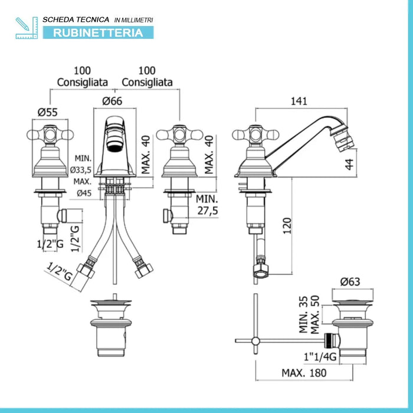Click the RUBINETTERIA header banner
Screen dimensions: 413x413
(x=98, y=32)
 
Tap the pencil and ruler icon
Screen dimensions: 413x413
(x=27, y=28)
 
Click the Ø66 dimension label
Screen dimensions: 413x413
(x=113, y=101)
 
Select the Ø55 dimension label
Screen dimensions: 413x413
(x=47, y=113)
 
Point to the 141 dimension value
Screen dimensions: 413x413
(x=299, y=101)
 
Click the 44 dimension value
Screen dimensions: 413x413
(x=349, y=165)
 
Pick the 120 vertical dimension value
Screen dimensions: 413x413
(x=287, y=226)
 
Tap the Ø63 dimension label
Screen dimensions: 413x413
(x=350, y=282)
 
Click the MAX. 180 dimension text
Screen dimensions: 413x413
(x=304, y=373)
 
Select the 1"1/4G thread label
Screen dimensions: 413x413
(x=320, y=357)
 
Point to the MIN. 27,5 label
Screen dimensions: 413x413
(x=207, y=205)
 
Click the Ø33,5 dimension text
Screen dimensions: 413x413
(x=81, y=170)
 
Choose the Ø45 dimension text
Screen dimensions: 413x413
(x=84, y=194)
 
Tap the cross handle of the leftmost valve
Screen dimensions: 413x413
(x=50, y=135)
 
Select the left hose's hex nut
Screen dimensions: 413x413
(x=86, y=271)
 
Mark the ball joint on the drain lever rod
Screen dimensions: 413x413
(x=255, y=341)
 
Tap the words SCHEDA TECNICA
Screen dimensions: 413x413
(x=76, y=19)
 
